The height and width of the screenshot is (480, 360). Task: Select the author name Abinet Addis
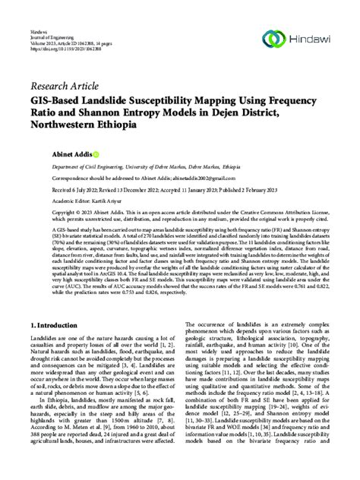pos(134,154)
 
